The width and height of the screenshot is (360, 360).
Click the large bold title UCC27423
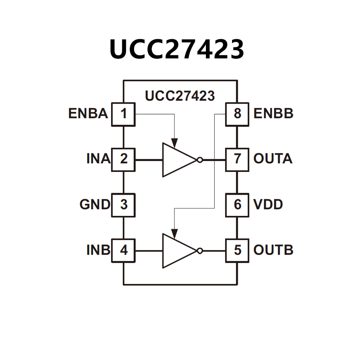point(176,49)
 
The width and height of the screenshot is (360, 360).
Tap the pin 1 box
point(124,114)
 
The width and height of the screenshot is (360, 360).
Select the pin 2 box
point(124,159)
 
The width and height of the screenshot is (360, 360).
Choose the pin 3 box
point(124,205)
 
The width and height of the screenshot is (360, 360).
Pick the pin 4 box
point(124,250)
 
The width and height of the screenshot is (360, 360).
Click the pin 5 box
point(237,250)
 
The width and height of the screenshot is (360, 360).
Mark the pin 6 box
point(237,205)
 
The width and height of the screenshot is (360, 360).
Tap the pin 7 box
point(237,159)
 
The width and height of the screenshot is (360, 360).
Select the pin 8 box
point(237,114)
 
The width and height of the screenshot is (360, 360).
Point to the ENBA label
point(88,114)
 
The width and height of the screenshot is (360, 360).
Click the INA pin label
point(98,159)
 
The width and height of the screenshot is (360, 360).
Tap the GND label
point(94,205)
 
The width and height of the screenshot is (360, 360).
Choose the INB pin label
point(98,250)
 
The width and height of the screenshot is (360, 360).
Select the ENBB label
point(273,114)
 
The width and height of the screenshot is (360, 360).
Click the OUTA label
point(273,159)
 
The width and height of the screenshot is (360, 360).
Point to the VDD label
point(268,205)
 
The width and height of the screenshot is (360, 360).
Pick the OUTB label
point(273,250)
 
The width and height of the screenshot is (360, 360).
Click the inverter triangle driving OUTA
point(178,160)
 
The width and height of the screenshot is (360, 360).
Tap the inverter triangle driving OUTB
point(178,251)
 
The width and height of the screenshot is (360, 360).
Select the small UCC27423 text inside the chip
point(180,96)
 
